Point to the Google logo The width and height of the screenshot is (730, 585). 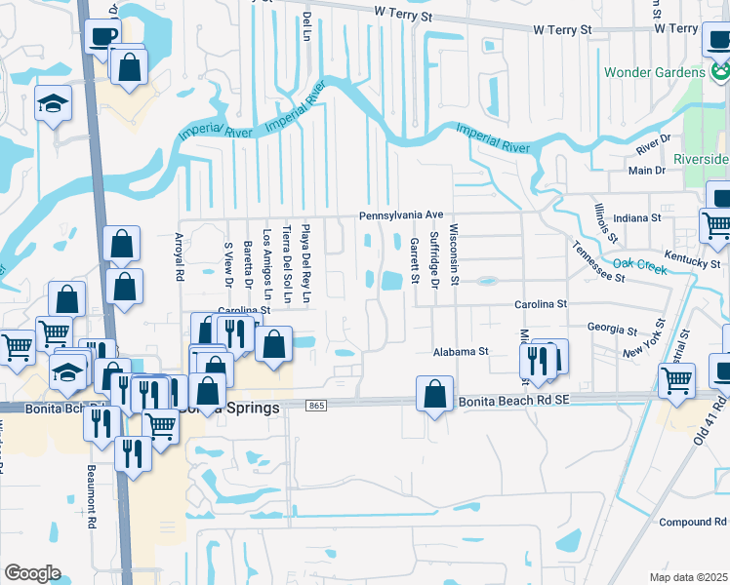pyautogui.click(x=32, y=572)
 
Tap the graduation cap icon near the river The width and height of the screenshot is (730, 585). pyautogui.click(x=53, y=102)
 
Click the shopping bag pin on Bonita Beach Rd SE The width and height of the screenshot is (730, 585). pyautogui.click(x=434, y=394)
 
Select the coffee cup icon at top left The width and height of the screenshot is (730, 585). pyautogui.click(x=102, y=37)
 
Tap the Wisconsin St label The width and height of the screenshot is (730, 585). pyautogui.click(x=453, y=248)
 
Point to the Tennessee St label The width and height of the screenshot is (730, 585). pyautogui.click(x=598, y=261)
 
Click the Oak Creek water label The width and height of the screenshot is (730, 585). pyautogui.click(x=640, y=265)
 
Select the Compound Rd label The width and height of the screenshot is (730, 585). pyautogui.click(x=693, y=522)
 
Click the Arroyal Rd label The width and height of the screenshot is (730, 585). pyautogui.click(x=179, y=256)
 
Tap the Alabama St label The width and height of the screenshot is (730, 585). pyautogui.click(x=461, y=351)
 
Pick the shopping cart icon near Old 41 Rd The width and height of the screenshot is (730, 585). pyautogui.click(x=675, y=379)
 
